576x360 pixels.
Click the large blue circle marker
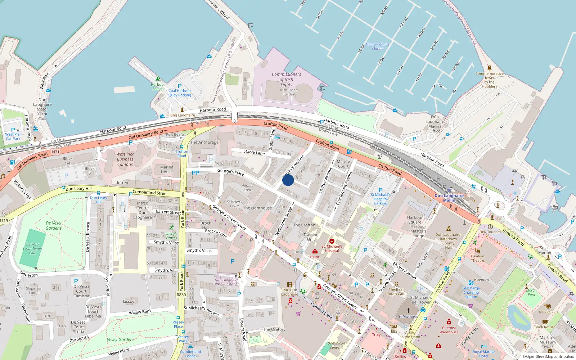point(288,180)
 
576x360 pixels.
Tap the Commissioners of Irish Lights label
point(286,79)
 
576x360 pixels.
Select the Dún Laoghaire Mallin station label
point(449,198)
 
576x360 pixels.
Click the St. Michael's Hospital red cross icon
point(332,241)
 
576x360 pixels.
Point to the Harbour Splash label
point(158,87)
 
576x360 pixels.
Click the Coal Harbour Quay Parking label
point(180,93)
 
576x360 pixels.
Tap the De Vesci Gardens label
point(54,225)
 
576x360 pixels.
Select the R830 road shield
point(181,295)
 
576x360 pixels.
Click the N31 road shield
point(55,152)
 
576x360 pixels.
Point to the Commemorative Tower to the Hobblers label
point(489,80)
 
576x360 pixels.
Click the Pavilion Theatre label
point(477,258)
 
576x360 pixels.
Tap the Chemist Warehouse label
point(449,330)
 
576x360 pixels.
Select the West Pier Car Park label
point(13,136)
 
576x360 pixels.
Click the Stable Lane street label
point(254,152)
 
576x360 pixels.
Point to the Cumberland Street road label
point(150,193)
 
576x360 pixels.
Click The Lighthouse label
point(257,208)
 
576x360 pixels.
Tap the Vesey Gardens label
point(121,339)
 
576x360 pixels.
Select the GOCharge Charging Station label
point(471,292)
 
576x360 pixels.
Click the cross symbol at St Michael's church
point(408,310)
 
